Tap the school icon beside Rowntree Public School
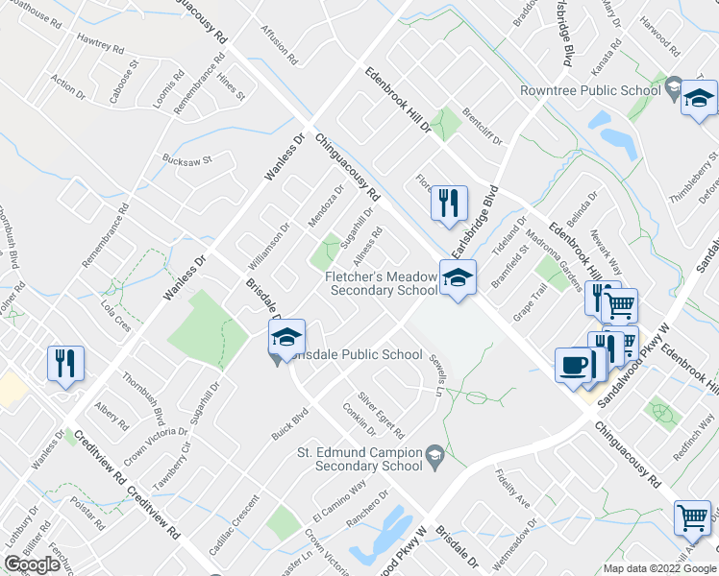(700, 98)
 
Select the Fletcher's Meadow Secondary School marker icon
(458, 278)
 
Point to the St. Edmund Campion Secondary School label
(359, 459)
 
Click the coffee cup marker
(574, 366)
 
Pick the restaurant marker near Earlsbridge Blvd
(448, 203)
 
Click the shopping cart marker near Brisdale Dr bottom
(692, 518)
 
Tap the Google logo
(32, 564)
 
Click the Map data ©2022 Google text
(659, 568)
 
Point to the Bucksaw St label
(186, 159)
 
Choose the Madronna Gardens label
(563, 258)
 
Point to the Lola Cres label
(115, 316)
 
